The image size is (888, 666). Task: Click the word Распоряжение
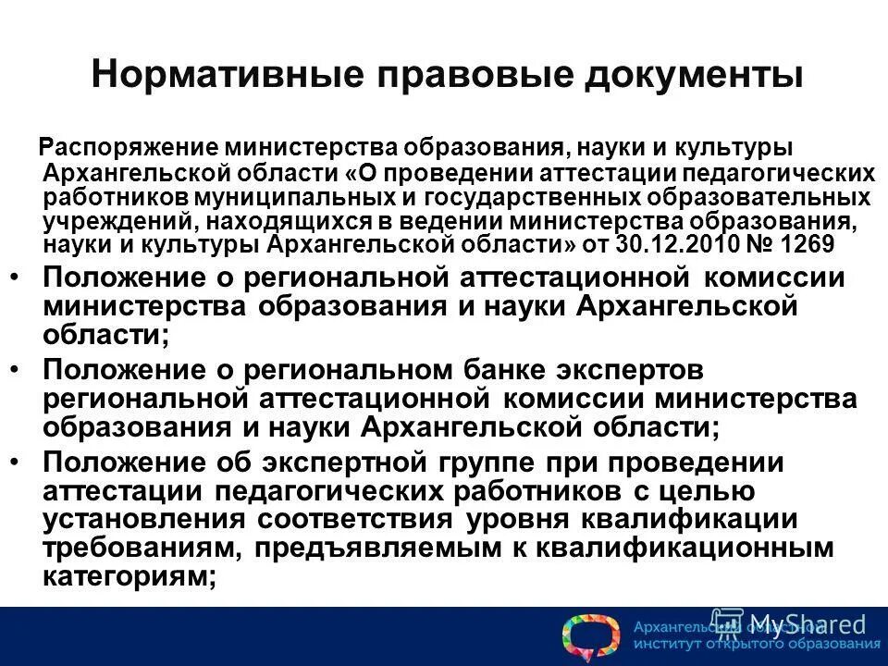(125, 149)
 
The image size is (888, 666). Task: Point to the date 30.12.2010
(658, 244)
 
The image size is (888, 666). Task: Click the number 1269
(801, 244)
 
